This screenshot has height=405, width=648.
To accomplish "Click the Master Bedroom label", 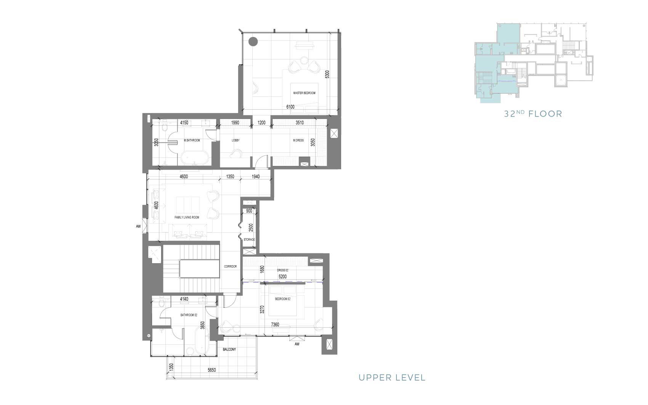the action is point(304,93).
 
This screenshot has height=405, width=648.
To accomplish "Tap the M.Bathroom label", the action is point(192,141).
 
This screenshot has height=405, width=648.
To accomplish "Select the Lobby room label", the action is point(236,141).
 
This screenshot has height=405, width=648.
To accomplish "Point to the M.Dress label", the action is point(298,141).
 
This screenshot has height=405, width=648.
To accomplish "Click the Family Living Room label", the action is point(187,218).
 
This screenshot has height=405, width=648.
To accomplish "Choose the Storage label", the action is point(249,240).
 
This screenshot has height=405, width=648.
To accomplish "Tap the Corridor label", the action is point(230,267).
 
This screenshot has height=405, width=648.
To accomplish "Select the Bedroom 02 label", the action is point(282,299).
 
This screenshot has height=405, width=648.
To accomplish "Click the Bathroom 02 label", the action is point(189,315).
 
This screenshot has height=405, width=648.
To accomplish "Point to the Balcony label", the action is point(229,349).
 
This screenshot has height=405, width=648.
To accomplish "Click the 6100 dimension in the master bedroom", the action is point(290,107).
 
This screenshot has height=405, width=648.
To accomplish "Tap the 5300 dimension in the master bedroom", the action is point(327,74).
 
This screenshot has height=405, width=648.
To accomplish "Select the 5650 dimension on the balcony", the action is point(212,370).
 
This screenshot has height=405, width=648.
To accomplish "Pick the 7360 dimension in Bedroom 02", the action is point(275,325).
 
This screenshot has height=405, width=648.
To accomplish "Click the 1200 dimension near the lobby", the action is point(261,123).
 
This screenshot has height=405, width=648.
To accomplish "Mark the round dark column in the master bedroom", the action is point(253,42).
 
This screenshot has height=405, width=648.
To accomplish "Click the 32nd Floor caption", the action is point(533,114).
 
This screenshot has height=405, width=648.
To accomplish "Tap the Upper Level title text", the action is point(392,378).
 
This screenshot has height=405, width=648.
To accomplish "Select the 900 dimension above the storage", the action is point(249,211).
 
